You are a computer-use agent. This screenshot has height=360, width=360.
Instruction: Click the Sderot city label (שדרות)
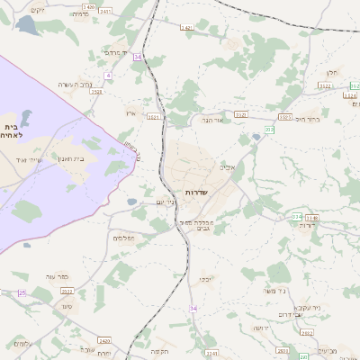[x=196, y=193]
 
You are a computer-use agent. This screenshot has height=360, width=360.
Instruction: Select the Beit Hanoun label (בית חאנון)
[x=76, y=158]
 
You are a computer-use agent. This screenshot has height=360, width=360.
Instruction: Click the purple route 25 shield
[x=22, y=292]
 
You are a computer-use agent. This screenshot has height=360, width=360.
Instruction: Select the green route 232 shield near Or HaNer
[x=269, y=130]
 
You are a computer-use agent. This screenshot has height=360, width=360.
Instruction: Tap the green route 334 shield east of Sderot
[x=295, y=217]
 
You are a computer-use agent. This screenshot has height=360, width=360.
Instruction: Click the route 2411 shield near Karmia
[x=106, y=11]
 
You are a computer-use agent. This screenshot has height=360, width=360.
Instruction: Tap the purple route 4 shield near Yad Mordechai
[x=137, y=57]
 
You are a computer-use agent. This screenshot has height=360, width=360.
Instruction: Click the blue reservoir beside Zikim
[x=27, y=26]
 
